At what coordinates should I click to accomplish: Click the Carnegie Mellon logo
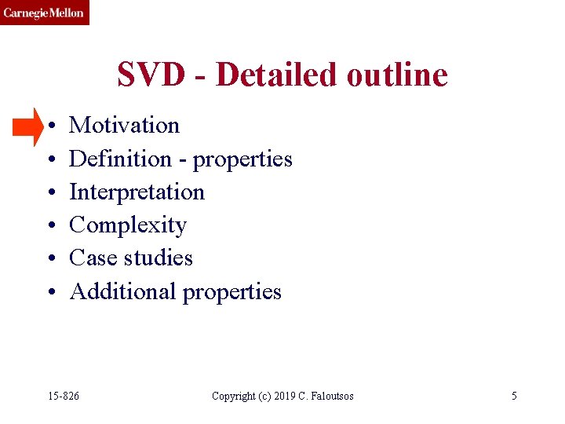[44, 13]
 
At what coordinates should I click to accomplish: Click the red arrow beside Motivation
[29, 126]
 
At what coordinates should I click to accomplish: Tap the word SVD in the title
[151, 75]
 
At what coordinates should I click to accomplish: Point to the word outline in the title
[399, 75]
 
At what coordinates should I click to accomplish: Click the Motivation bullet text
[124, 126]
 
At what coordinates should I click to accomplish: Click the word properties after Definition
[242, 160]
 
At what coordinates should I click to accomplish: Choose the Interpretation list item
[137, 192]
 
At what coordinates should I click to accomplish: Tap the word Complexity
[128, 226]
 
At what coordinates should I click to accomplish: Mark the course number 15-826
[63, 396]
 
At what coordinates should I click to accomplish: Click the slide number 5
[514, 396]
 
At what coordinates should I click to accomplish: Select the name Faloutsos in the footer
[330, 396]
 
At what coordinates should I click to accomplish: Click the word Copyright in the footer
[234, 396]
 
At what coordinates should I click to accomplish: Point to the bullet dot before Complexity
[49, 226]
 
